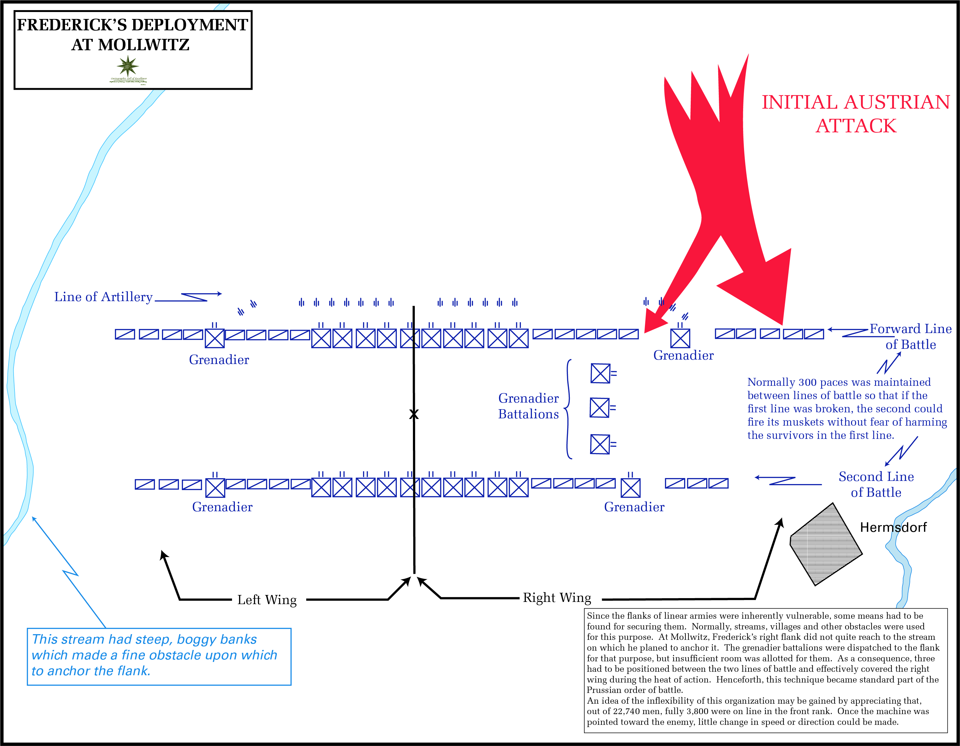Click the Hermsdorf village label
893,527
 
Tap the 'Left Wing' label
267,600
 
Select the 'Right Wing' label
557,598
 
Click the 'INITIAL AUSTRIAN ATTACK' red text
856,114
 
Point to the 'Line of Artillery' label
103,297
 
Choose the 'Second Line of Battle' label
876,484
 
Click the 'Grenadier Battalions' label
528,406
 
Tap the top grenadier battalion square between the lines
600,373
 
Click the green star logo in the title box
128,66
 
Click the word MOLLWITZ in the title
144,45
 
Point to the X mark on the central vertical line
414,414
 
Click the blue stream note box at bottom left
159,656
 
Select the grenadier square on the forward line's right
680,339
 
